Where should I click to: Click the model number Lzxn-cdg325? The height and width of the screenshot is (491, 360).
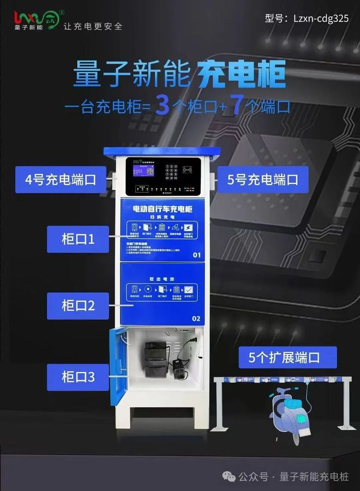point(314,18)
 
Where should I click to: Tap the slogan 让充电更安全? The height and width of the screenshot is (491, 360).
point(93,26)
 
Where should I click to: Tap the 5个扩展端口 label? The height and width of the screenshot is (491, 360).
point(287,358)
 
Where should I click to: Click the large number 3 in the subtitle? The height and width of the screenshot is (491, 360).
point(162,105)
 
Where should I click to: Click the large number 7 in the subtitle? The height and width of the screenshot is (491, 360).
point(237,105)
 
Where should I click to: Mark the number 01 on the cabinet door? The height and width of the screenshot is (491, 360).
point(196,255)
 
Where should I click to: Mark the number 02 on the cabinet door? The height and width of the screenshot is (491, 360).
point(196,318)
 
